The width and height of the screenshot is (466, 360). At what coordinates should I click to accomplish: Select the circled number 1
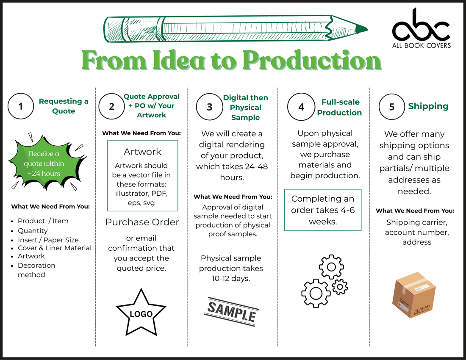tap(21, 106)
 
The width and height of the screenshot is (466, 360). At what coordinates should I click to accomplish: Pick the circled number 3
tap(210, 107)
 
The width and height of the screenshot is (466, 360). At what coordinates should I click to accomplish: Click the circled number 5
tap(392, 107)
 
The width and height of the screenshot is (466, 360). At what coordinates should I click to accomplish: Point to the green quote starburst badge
tap(47, 162)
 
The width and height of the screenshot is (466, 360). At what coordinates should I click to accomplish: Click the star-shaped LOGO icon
tap(141, 312)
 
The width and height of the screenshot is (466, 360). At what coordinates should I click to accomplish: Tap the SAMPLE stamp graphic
tap(231, 312)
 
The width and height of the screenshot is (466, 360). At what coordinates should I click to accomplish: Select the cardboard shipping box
tap(414, 295)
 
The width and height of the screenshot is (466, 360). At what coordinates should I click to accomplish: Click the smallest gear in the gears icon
tap(340, 287)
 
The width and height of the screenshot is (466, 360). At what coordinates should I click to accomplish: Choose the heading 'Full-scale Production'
tap(340, 107)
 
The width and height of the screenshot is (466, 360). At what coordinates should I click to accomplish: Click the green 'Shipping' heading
tap(428, 106)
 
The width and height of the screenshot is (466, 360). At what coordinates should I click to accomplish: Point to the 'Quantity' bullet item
tap(33, 231)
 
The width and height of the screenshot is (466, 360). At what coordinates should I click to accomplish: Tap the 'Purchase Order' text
tap(142, 222)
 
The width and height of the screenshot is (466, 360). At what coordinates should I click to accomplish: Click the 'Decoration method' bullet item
tap(36, 270)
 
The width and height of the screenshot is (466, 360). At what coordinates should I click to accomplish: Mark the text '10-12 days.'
tap(231, 279)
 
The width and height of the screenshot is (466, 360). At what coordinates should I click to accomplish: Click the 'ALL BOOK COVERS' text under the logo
tap(422, 45)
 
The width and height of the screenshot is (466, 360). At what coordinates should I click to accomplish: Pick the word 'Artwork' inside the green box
tap(143, 152)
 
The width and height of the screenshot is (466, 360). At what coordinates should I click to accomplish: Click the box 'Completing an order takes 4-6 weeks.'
tap(323, 210)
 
